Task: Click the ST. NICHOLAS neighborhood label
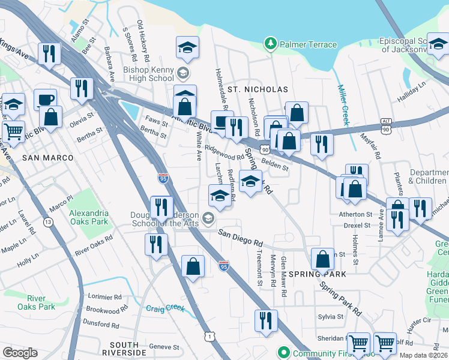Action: (258, 89)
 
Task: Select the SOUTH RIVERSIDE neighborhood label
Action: (121, 349)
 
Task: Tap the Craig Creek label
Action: (165, 308)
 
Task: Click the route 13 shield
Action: (47, 222)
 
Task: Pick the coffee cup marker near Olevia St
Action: (44, 99)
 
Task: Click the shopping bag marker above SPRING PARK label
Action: (322, 259)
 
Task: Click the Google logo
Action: (20, 352)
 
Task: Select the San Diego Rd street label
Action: (241, 238)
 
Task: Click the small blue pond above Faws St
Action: (128, 109)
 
